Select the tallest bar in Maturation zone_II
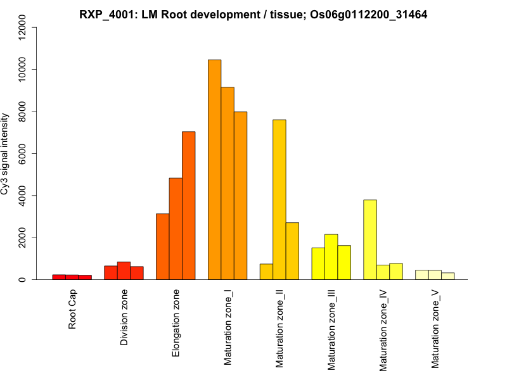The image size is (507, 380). (279, 199)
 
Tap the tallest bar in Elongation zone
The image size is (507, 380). (189, 205)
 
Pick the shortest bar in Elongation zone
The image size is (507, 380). (163, 246)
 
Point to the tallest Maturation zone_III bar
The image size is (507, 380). (331, 256)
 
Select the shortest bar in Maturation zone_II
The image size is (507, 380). (267, 272)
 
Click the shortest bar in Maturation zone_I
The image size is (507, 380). (241, 196)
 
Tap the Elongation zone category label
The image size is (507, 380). (176, 323)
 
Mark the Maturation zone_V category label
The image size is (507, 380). (435, 329)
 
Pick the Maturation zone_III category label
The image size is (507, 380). (331, 330)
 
